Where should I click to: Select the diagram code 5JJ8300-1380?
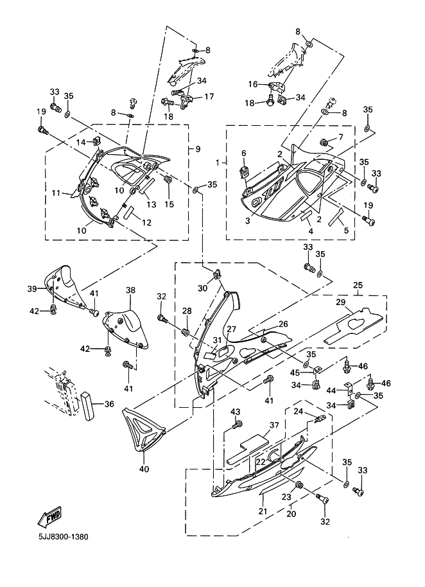pyautogui.click(x=57, y=536)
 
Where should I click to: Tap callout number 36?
pyautogui.click(x=109, y=403)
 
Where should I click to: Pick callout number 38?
pyautogui.click(x=130, y=290)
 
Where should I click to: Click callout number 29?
pyautogui.click(x=341, y=302)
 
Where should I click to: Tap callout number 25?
pyautogui.click(x=358, y=285)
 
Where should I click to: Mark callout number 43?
pyautogui.click(x=235, y=411)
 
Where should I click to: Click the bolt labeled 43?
pyautogui.click(x=237, y=424)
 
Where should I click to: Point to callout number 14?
pyautogui.click(x=82, y=141)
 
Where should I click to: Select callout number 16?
pyautogui.click(x=253, y=84)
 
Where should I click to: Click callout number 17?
pyautogui.click(x=209, y=97)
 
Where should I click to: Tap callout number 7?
pyautogui.click(x=340, y=137)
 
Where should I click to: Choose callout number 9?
pyautogui.click(x=198, y=149)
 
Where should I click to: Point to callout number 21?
pyautogui.click(x=262, y=511)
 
